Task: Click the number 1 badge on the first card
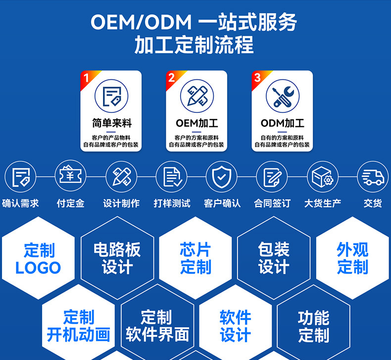pos(87,78)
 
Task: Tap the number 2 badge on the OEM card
pos(172,78)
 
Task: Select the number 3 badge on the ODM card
pos(257,78)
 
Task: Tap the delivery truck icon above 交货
pos(373,177)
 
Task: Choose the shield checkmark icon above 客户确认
pos(221,177)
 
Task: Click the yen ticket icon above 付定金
pos(70,177)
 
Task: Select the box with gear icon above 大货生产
pos(322,177)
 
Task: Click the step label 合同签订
pos(272,203)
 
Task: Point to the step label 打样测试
pos(172,203)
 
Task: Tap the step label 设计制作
pos(121,203)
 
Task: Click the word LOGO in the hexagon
pos(38,268)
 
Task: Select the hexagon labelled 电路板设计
pos(117,258)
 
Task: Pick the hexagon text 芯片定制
pos(195,258)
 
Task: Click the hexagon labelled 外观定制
pos(352,258)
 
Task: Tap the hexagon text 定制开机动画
pos(78,325)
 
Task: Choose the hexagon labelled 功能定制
pos(313,325)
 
